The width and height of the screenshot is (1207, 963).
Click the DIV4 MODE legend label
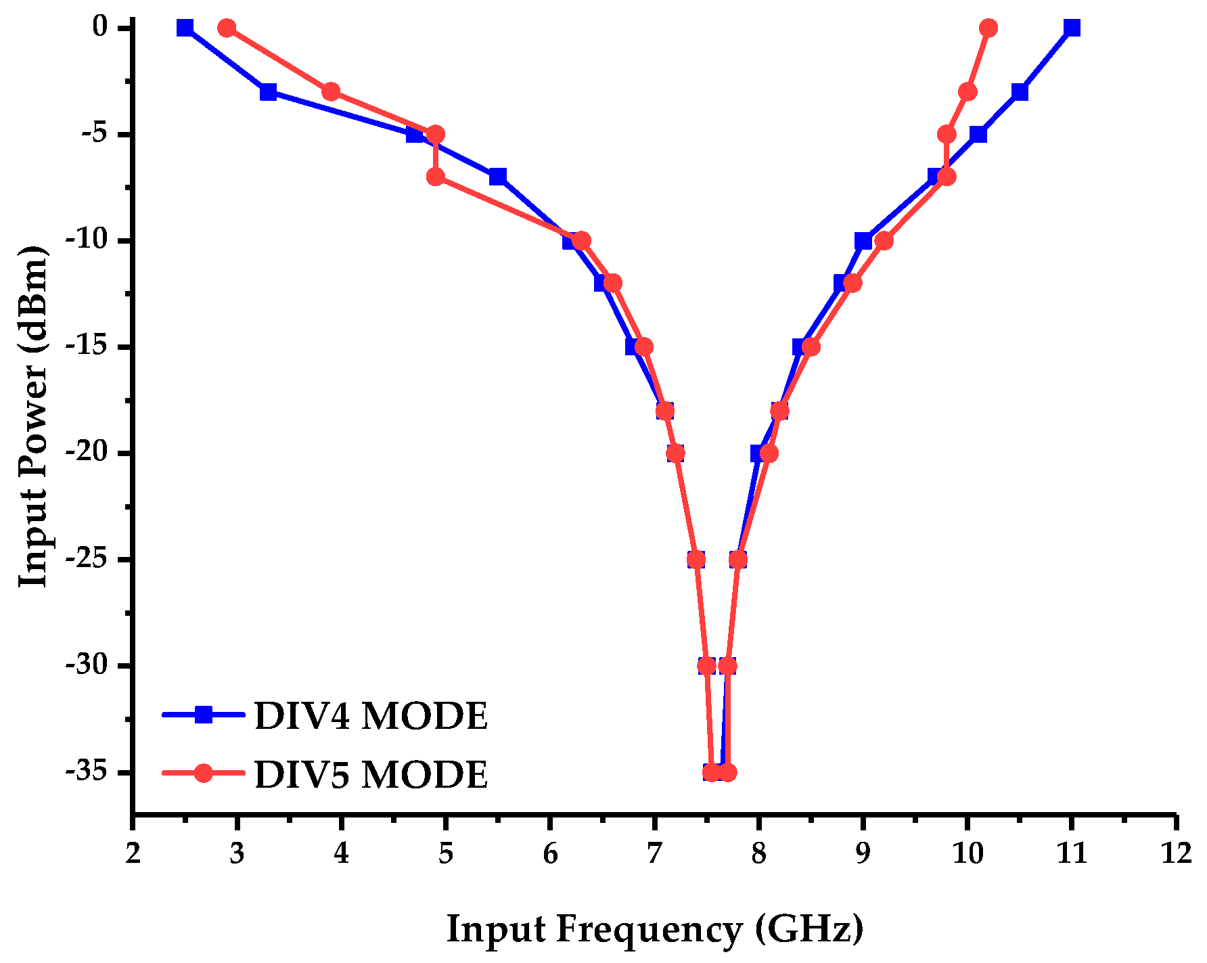point(371,716)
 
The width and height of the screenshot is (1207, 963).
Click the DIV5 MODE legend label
point(371,774)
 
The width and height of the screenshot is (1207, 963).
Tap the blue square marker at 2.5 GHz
point(185,28)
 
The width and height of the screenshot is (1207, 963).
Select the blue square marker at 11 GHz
point(1071,28)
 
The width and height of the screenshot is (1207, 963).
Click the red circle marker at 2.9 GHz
point(227,28)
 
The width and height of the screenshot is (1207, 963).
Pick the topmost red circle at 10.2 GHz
point(988,28)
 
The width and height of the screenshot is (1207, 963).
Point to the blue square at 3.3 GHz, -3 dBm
point(269,91)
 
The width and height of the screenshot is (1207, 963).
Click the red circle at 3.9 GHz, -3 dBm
point(331,91)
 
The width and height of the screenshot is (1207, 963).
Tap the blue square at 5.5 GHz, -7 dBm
point(498,177)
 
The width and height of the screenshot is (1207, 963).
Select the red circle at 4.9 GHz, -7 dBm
point(436,177)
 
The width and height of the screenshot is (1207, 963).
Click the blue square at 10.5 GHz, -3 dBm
point(1020,91)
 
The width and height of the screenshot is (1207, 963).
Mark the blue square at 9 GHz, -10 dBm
point(863,241)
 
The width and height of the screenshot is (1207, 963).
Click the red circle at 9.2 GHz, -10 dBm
point(884,241)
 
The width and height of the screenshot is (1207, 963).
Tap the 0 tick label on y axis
point(100,27)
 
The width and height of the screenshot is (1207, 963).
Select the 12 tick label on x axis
point(1176,854)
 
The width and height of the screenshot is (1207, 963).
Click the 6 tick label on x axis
point(550,854)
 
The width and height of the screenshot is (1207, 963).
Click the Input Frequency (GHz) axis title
point(655,929)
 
